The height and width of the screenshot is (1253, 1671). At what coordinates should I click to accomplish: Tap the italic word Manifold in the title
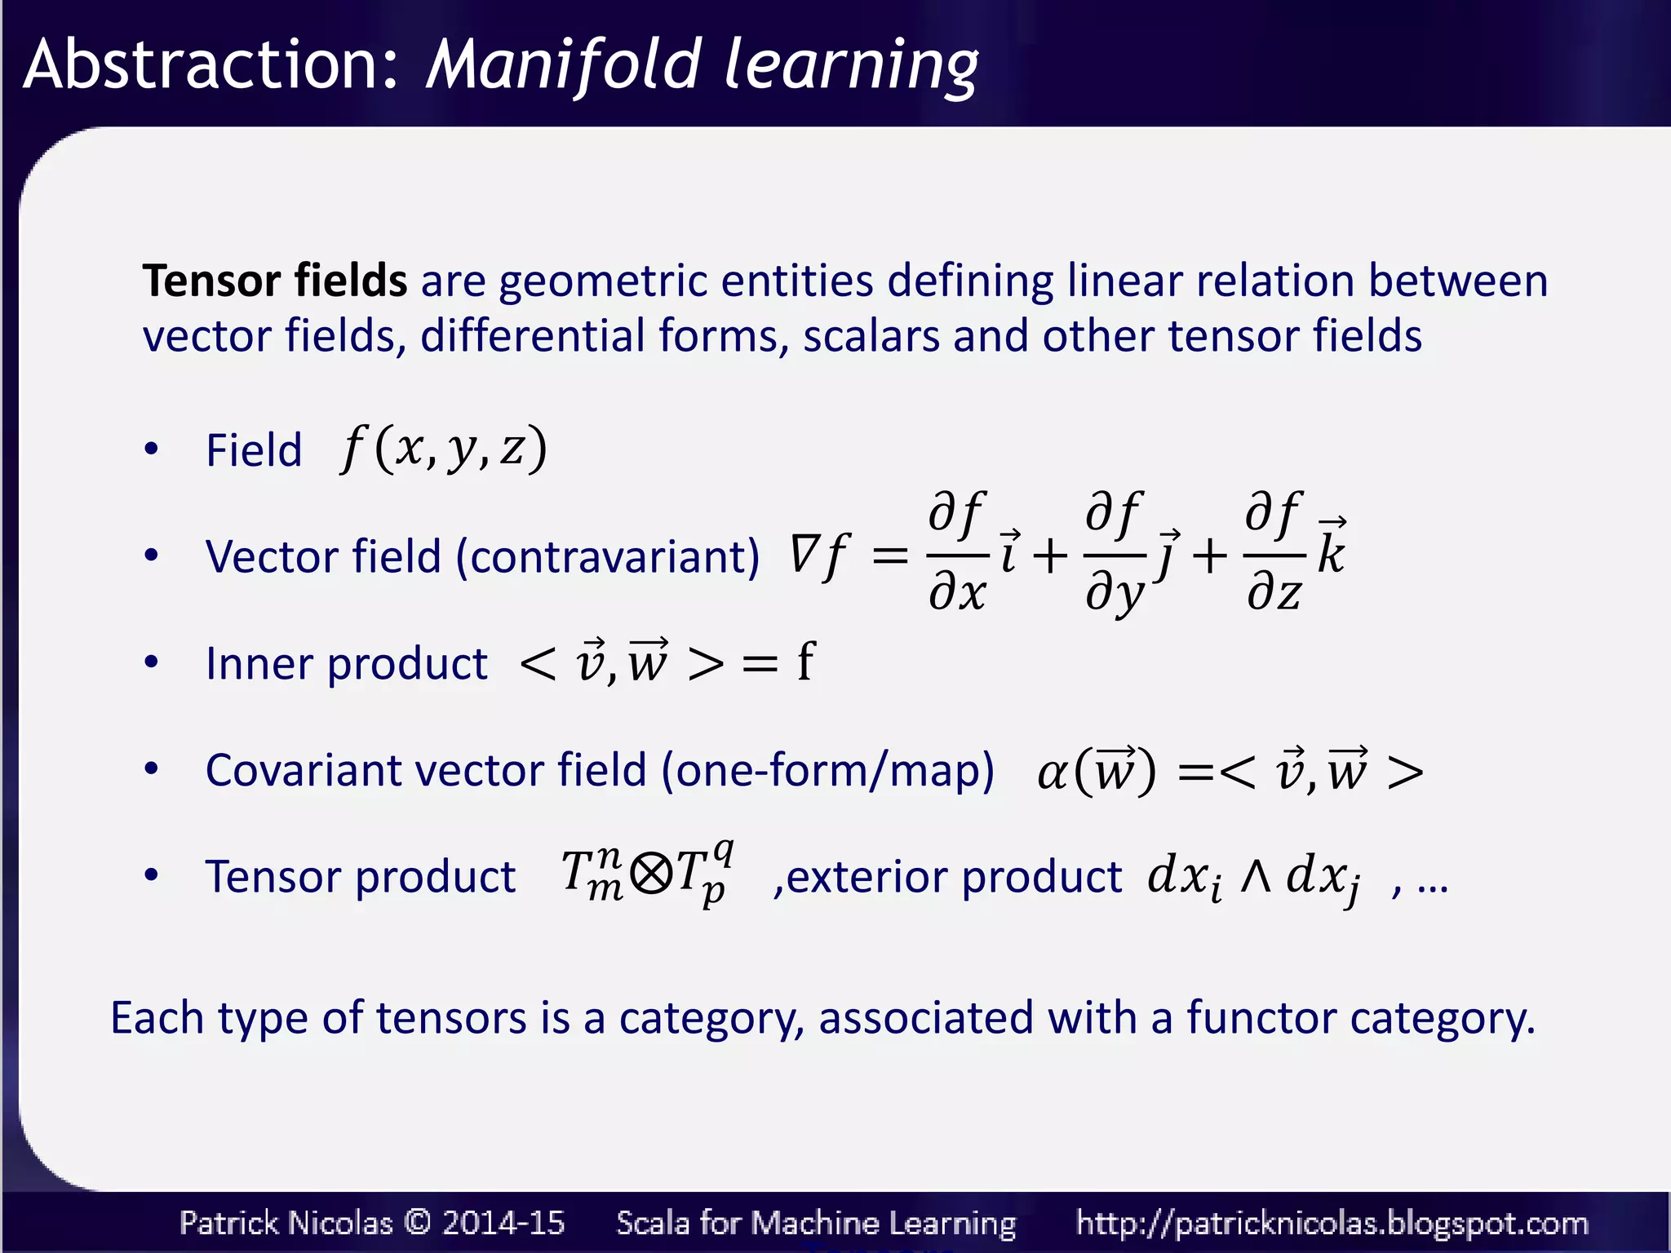click(563, 65)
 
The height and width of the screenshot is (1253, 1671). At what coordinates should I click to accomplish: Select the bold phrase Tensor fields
click(274, 281)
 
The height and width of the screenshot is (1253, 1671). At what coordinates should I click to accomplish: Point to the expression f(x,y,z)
click(444, 449)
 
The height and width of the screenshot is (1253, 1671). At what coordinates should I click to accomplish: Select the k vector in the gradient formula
click(1332, 548)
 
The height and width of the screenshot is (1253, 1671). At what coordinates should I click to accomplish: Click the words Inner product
click(346, 663)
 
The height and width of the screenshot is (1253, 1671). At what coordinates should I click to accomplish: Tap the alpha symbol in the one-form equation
click(1052, 773)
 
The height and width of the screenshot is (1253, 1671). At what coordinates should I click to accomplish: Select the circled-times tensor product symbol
click(651, 874)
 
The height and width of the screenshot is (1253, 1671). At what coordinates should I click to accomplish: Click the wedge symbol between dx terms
click(1256, 877)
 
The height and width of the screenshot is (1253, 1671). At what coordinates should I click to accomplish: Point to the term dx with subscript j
click(1322, 879)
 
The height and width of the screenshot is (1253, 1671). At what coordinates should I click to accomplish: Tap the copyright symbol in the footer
click(417, 1222)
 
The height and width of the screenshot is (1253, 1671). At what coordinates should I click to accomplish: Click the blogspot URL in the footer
click(1332, 1223)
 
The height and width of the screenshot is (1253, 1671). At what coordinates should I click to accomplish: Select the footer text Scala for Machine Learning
click(816, 1223)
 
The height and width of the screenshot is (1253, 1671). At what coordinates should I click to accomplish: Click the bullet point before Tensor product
click(151, 875)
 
